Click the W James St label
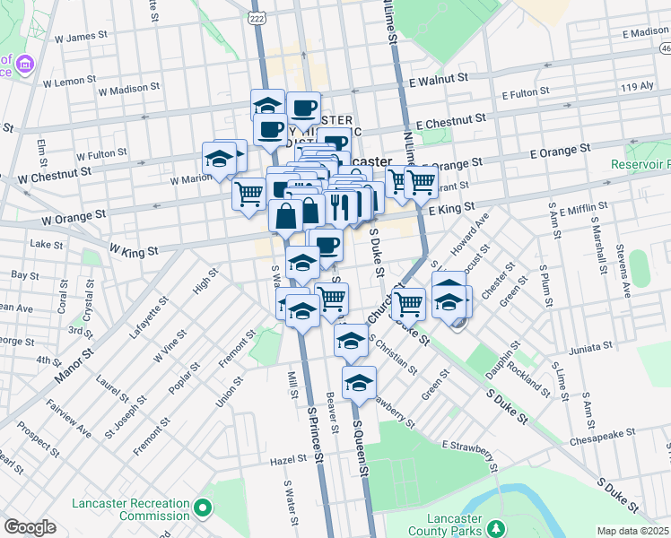(81, 38)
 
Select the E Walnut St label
(439, 79)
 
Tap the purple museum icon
(25, 64)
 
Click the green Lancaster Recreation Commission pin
(204, 508)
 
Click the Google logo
(30, 527)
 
